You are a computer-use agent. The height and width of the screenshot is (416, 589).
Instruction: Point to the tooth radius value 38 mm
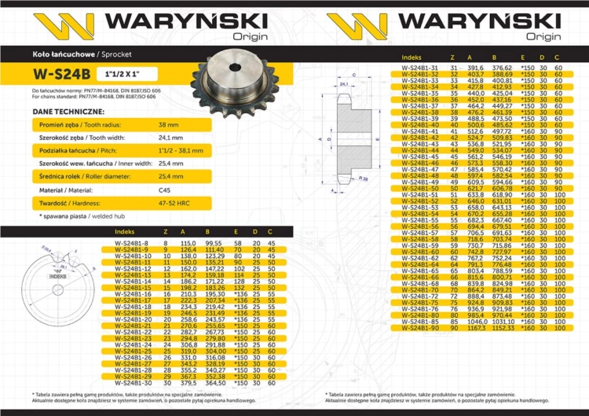tap(168, 125)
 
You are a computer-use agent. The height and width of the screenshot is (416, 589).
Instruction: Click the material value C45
tap(164, 191)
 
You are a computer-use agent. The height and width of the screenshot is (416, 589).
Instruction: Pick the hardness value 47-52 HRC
tap(175, 204)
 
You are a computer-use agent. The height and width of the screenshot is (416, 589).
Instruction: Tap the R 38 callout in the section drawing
tap(366, 179)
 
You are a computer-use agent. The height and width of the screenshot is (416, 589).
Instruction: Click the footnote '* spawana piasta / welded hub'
tap(69, 214)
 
